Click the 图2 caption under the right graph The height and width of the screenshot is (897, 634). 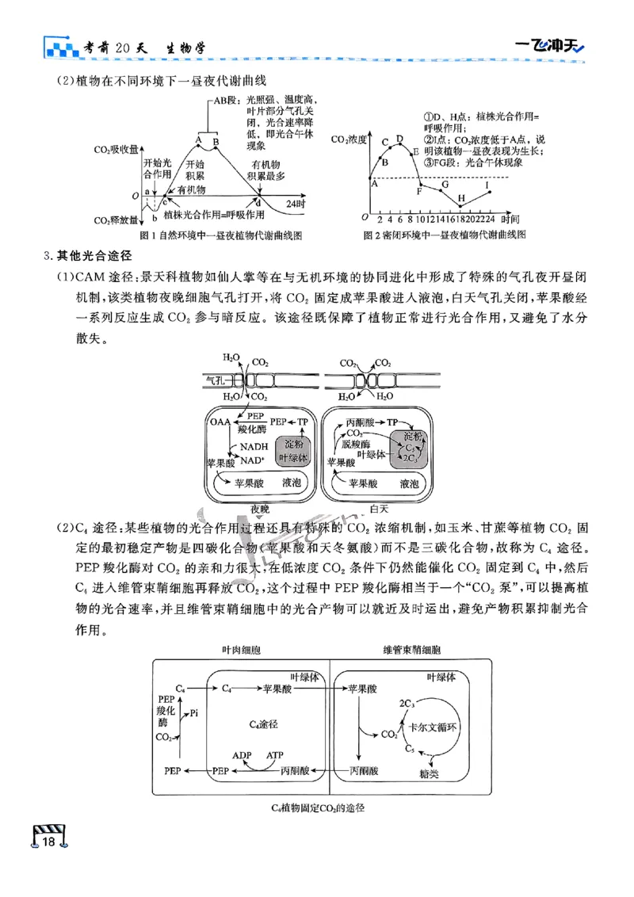pyautogui.click(x=444, y=235)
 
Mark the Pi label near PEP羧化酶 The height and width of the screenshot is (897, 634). pyautogui.click(x=194, y=713)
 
